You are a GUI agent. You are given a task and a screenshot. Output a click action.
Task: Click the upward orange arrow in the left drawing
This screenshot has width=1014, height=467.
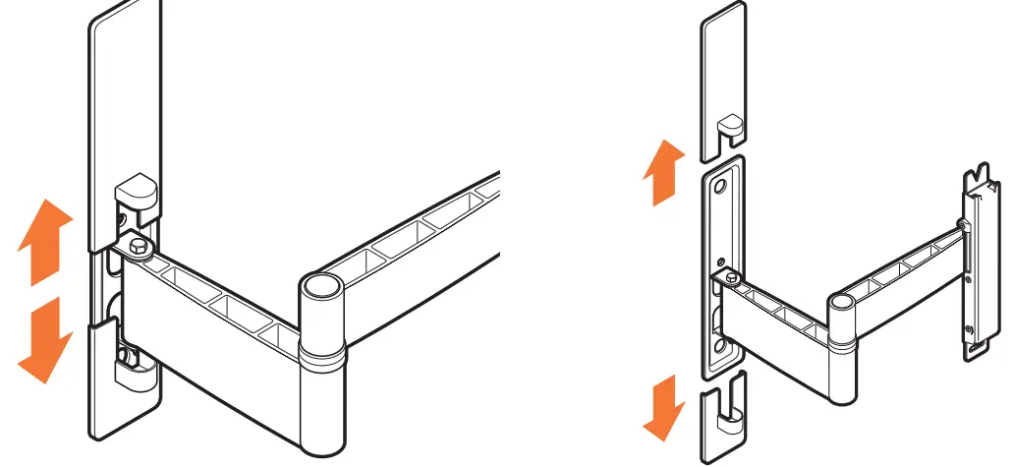tap(45, 238)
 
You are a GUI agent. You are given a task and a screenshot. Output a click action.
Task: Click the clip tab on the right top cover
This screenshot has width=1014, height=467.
tap(729, 125)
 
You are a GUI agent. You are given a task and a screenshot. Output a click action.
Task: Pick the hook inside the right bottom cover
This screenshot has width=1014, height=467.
tap(728, 424)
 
